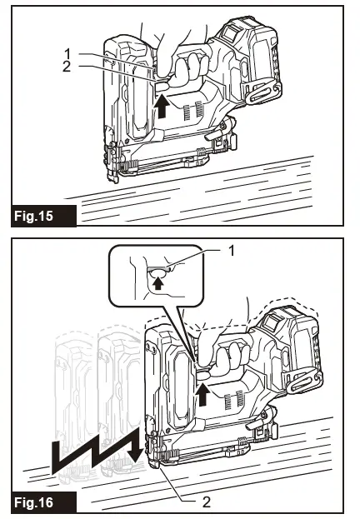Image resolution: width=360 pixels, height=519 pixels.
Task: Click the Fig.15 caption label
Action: click(33, 216)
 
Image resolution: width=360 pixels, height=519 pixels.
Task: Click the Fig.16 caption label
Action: click(33, 502)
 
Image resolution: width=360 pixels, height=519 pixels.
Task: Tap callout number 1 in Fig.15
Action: click(67, 53)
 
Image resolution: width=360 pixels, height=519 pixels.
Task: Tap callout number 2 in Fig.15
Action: click(67, 67)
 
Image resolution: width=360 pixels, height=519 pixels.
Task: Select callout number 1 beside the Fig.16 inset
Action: click(232, 251)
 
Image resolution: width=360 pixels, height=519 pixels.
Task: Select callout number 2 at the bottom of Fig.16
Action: click(207, 502)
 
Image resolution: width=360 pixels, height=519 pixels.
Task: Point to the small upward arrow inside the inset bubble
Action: click(158, 283)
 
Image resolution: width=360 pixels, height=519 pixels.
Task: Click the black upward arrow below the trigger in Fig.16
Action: click(202, 393)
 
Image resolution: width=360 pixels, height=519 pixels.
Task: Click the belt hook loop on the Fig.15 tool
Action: click(262, 94)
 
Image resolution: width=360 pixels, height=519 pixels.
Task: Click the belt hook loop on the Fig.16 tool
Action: click(303, 381)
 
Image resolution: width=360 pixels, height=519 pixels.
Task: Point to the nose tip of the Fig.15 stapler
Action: click(114, 179)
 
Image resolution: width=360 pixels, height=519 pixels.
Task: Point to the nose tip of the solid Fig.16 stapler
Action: click(155, 465)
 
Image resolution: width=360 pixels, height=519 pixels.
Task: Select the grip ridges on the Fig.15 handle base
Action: click(193, 112)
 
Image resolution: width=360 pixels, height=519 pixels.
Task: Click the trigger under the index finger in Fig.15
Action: click(161, 87)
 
